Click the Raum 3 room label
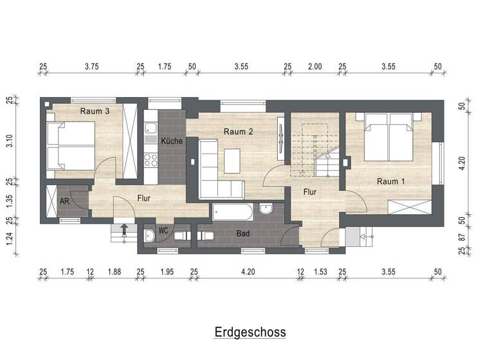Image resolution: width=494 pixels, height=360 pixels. pyautogui.click(x=95, y=111)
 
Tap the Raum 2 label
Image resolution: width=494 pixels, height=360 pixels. pyautogui.click(x=238, y=131)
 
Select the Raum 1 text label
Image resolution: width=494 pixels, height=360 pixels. pyautogui.click(x=391, y=181)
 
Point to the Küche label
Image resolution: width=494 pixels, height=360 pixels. pyautogui.click(x=172, y=141)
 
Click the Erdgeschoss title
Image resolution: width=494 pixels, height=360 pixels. pyautogui.click(x=250, y=332)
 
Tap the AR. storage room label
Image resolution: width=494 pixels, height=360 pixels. pyautogui.click(x=65, y=201)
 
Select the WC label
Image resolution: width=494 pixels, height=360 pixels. pyautogui.click(x=163, y=230)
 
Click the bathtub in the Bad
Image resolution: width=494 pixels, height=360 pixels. pyautogui.click(x=233, y=210)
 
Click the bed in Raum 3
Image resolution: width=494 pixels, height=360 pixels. pyautogui.click(x=71, y=145)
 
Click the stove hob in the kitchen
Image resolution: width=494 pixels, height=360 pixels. pyautogui.click(x=151, y=157)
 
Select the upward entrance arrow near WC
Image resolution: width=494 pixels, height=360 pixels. pyautogui.click(x=124, y=228)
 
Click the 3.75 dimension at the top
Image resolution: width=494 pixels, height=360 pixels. pyautogui.click(x=92, y=66)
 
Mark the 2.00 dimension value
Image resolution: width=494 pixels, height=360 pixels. pyautogui.click(x=315, y=66)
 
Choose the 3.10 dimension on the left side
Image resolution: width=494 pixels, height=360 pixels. pyautogui.click(x=9, y=140)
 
